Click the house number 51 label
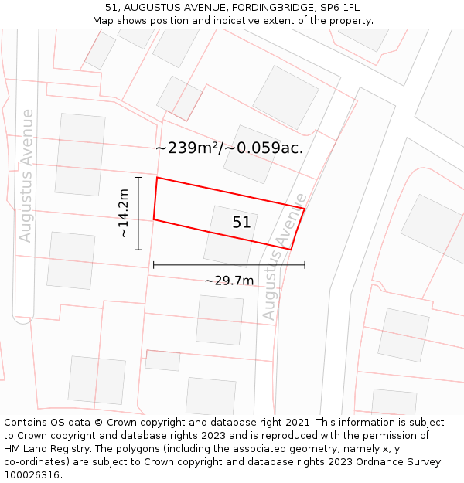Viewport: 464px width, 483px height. pyautogui.click(x=241, y=223)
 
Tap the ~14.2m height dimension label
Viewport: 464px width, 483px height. pyautogui.click(x=123, y=213)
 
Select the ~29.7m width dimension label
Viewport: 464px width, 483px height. pyautogui.click(x=229, y=281)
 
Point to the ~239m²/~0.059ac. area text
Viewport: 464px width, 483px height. pyautogui.click(x=229, y=148)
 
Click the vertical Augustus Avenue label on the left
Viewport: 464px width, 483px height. pyautogui.click(x=27, y=175)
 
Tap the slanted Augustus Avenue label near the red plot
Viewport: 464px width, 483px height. pyautogui.click(x=284, y=257)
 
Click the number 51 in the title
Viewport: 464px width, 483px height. pyautogui.click(x=111, y=8)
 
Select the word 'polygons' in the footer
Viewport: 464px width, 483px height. pyautogui.click(x=149, y=449)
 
